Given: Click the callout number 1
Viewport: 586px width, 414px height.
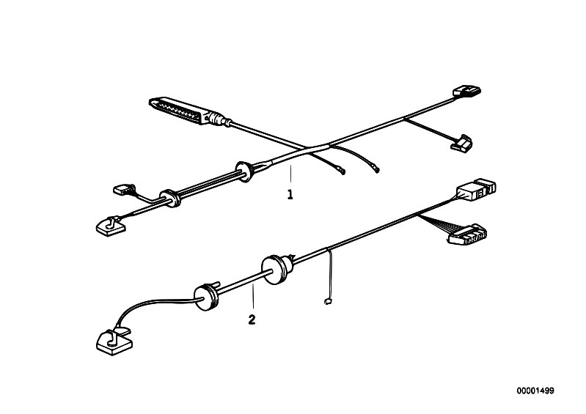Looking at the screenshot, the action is point(290,194).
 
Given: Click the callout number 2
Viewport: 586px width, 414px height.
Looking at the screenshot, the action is point(252,319).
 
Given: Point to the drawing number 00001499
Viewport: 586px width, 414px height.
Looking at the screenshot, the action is point(535,391).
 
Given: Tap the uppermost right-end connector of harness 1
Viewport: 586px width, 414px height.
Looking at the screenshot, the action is point(466,91).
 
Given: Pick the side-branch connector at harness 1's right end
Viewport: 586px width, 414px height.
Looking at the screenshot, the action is point(462,143).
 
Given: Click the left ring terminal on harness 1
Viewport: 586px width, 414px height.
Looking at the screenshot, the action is point(342,171).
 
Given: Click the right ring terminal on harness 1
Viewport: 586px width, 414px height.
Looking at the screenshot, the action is point(376,170).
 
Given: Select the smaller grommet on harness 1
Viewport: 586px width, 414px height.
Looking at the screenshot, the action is point(170,199).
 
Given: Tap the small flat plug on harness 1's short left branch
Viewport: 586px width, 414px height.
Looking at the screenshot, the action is point(124,189).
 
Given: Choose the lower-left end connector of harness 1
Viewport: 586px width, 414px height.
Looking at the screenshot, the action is point(111,226).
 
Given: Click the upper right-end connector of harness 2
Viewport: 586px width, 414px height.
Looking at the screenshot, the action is point(476,190).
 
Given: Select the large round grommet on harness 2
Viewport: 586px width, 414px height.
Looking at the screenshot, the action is point(276,269).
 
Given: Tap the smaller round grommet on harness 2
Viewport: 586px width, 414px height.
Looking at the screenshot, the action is point(205,297).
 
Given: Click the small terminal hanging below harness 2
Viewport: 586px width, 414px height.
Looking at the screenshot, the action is point(328,301).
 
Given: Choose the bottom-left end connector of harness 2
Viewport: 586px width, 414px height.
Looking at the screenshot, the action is point(114,341).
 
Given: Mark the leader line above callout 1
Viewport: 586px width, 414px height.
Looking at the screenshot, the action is point(290,175).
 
